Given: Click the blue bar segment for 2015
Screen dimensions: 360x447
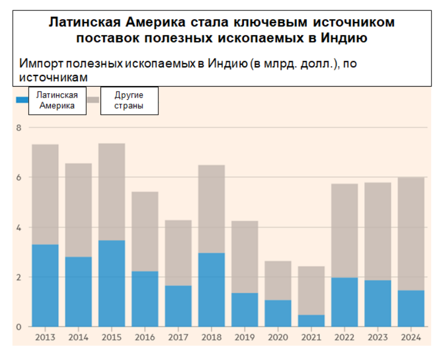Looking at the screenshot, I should coord(111,283).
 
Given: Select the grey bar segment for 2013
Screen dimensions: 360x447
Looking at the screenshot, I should coord(45,194).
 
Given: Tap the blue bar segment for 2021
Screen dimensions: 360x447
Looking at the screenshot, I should coord(311,321).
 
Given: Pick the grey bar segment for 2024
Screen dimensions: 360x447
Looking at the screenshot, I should coord(411,234).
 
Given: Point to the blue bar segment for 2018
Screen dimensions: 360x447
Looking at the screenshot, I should coord(211,290).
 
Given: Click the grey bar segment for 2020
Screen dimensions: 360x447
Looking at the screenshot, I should coord(278,281).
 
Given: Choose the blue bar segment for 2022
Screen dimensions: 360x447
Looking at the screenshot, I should coord(344,302).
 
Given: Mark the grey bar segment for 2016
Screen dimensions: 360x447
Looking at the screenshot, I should coord(145,232).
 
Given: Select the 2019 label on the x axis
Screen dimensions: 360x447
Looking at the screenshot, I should coord(244,336).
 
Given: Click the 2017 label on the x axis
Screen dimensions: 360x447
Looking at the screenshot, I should coord(178,336).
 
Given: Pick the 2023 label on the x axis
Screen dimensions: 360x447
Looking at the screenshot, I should coord(377,336).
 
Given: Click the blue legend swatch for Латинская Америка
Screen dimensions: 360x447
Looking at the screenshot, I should coord(22,100).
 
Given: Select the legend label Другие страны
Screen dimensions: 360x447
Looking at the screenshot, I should coord(129,100).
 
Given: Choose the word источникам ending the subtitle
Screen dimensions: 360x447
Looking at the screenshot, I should coord(53,78).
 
